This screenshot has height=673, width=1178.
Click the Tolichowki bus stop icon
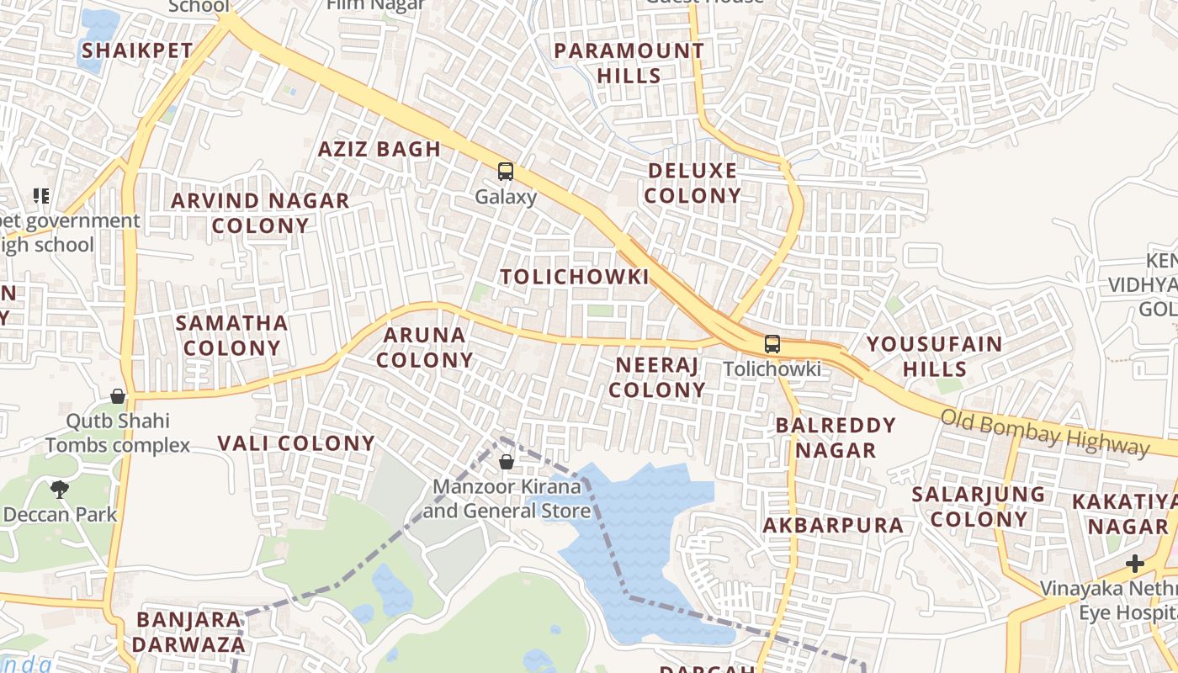pos(772,344)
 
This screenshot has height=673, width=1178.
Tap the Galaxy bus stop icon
pos(505,172)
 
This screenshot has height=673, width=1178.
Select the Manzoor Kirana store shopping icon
pos(506,462)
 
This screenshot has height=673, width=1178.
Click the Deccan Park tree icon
pos(59,489)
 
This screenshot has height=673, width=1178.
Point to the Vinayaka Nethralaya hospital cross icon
pos(1135,564)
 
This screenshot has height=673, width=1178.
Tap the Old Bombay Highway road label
pos(1043,431)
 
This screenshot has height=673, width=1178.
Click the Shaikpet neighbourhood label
pos(137,50)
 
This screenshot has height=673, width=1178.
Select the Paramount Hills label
pos(629,63)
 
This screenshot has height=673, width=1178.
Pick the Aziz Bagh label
pos(379,150)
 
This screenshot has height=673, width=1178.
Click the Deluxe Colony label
pos(693,183)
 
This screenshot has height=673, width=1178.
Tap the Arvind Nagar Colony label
pos(260,213)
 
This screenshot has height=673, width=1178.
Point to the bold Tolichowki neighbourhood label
pos(575,277)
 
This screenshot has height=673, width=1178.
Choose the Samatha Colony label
pos(231,335)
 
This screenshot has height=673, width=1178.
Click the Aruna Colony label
pos(424,347)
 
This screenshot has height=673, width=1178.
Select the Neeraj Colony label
pos(657,377)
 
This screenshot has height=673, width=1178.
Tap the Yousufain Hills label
pos(934,356)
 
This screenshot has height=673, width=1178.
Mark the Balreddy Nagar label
pos(836,437)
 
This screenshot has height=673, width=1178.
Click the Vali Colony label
pos(296,443)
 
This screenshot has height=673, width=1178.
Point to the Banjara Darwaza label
pos(189,633)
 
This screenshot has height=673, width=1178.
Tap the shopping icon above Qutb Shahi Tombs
pos(118,395)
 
